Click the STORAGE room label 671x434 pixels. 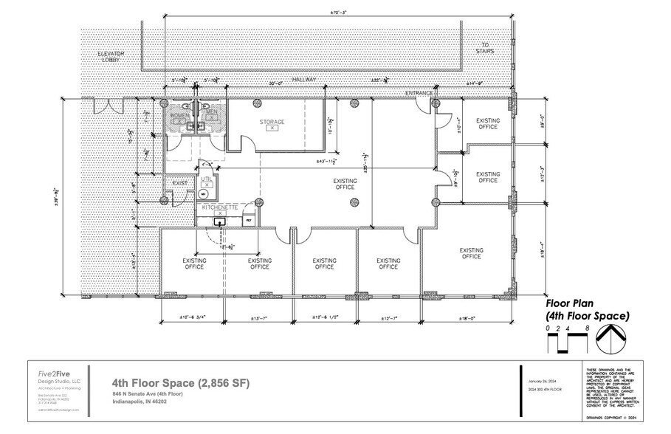click(x=272, y=121)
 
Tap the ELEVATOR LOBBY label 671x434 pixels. click(x=114, y=59)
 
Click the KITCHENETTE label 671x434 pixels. click(x=219, y=209)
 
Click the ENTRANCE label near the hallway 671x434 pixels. click(x=419, y=94)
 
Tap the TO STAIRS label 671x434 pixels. click(x=486, y=48)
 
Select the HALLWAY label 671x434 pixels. click(x=303, y=78)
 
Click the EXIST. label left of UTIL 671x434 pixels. click(x=180, y=182)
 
